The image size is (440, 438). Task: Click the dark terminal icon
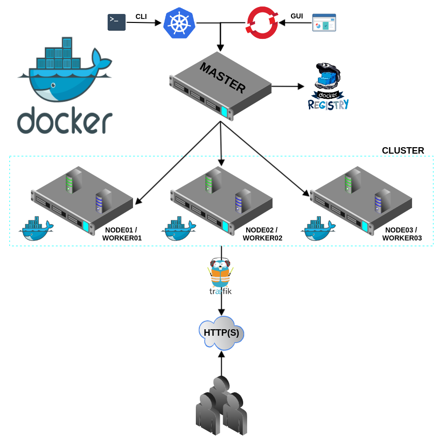[117, 22]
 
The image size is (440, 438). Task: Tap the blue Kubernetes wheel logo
[179, 23]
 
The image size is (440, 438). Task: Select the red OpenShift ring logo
[262, 22]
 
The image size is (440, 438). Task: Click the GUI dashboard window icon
[324, 22]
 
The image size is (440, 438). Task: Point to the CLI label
[141, 16]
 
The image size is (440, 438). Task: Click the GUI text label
[296, 16]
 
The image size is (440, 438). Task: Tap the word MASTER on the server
[223, 77]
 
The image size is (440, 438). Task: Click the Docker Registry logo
[328, 86]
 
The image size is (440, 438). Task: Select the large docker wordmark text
[65, 120]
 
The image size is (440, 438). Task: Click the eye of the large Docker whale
[53, 85]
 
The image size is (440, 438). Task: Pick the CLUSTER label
[403, 151]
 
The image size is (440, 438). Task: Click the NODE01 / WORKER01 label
[122, 234]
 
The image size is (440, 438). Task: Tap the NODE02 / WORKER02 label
[263, 234]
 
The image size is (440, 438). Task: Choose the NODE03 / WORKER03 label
[402, 234]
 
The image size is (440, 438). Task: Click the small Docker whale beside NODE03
[318, 228]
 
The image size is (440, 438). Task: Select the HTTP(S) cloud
[221, 333]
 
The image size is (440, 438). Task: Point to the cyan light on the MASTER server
[224, 111]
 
